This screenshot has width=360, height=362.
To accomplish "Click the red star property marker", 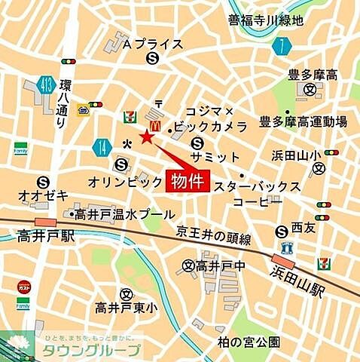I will (146, 137).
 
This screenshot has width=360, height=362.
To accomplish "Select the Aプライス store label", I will (153, 44).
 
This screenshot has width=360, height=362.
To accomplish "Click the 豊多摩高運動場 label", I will (303, 121).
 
